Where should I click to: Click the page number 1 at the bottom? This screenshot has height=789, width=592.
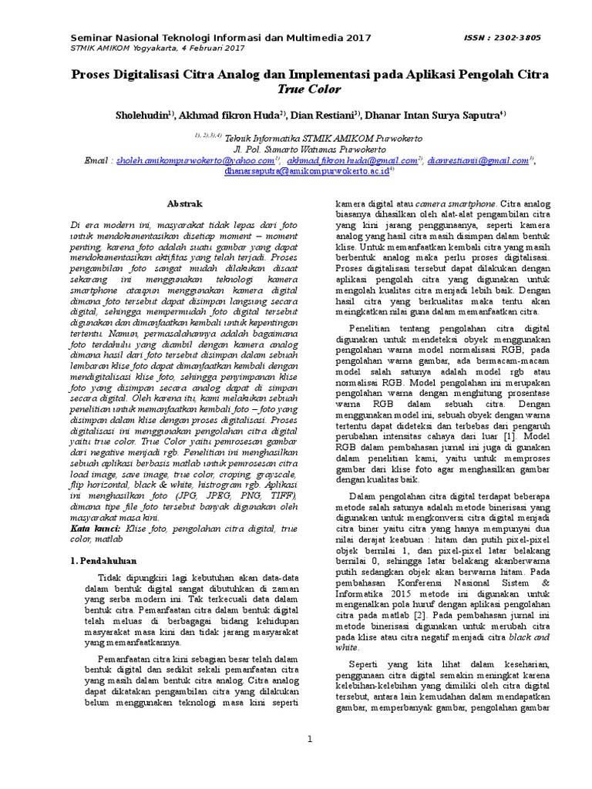point(309,740)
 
